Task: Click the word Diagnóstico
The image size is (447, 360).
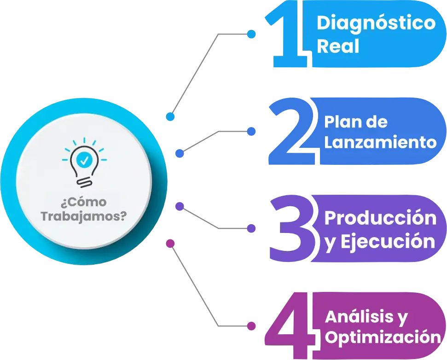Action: (376, 23)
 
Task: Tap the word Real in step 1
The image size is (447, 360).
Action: (338, 47)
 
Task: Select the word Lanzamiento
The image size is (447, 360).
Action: (380, 142)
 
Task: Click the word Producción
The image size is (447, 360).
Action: (380, 218)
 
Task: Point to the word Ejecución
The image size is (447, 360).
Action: (387, 242)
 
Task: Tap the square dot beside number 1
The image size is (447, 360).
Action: (251, 34)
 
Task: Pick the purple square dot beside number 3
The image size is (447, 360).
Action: (251, 228)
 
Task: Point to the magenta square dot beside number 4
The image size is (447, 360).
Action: (251, 325)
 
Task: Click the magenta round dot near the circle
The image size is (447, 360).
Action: (170, 243)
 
